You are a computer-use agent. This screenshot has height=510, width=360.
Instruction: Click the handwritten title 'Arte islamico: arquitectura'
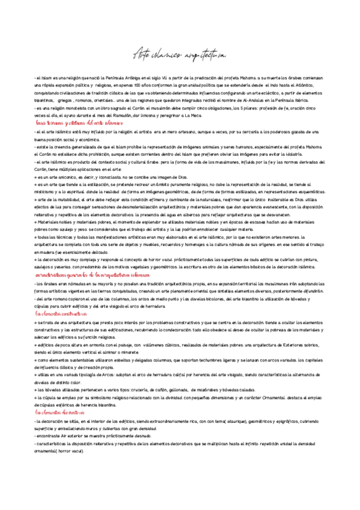[178, 56]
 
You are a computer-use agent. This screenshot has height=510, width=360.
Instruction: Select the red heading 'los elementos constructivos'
[61, 314]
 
